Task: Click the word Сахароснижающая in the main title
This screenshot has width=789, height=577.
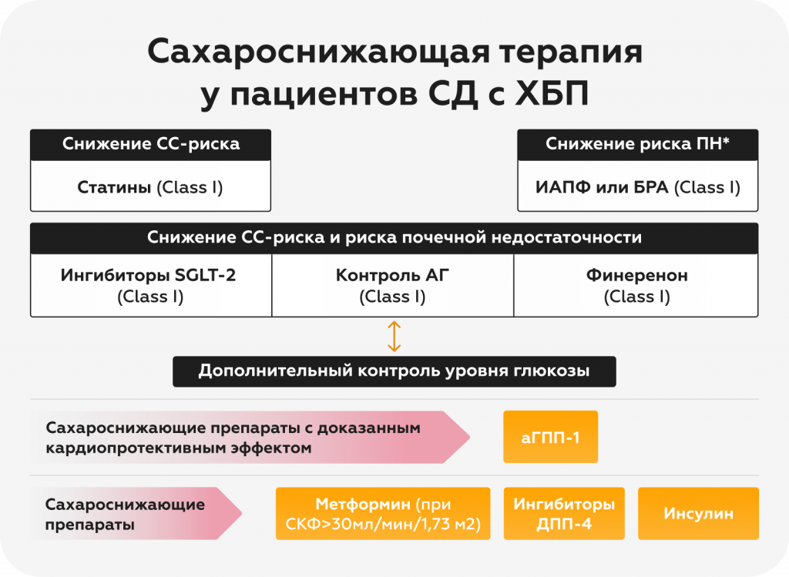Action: coord(317,52)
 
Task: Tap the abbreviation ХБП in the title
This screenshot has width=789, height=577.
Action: coord(552,93)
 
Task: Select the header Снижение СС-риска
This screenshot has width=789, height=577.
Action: coord(150,144)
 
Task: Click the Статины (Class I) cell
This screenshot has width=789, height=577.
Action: coord(150,186)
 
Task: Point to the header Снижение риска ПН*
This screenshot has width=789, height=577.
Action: coord(637,144)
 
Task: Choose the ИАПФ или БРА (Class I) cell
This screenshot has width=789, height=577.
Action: coord(637,186)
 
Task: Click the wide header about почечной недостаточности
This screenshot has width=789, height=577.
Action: coord(394,238)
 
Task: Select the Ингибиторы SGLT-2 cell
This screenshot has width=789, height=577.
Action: coord(151,285)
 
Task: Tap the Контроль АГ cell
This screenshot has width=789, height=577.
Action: coord(392,285)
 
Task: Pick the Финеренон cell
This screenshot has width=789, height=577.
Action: coord(636,285)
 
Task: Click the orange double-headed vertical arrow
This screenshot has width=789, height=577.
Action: coord(394,337)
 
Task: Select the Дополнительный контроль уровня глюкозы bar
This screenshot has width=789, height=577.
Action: coord(394,371)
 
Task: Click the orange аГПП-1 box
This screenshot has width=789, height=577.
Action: coord(550,437)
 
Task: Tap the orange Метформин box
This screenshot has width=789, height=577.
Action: coord(383,514)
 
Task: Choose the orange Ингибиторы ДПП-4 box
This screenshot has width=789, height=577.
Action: coord(564,514)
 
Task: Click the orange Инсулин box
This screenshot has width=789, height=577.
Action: coord(698,514)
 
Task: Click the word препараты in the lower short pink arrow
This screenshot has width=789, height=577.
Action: coord(90,525)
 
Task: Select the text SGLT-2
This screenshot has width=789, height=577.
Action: coord(205,275)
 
